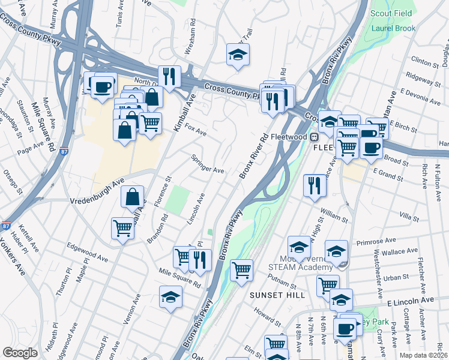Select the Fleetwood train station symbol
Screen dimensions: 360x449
tap(313, 137)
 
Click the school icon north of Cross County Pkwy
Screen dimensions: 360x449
tap(238, 55)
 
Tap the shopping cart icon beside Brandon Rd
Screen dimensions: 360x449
tap(122, 228)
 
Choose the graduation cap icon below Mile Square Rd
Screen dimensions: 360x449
tap(170, 296)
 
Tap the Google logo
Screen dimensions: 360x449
tap(20, 353)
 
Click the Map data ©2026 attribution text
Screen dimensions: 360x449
tap(423, 355)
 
